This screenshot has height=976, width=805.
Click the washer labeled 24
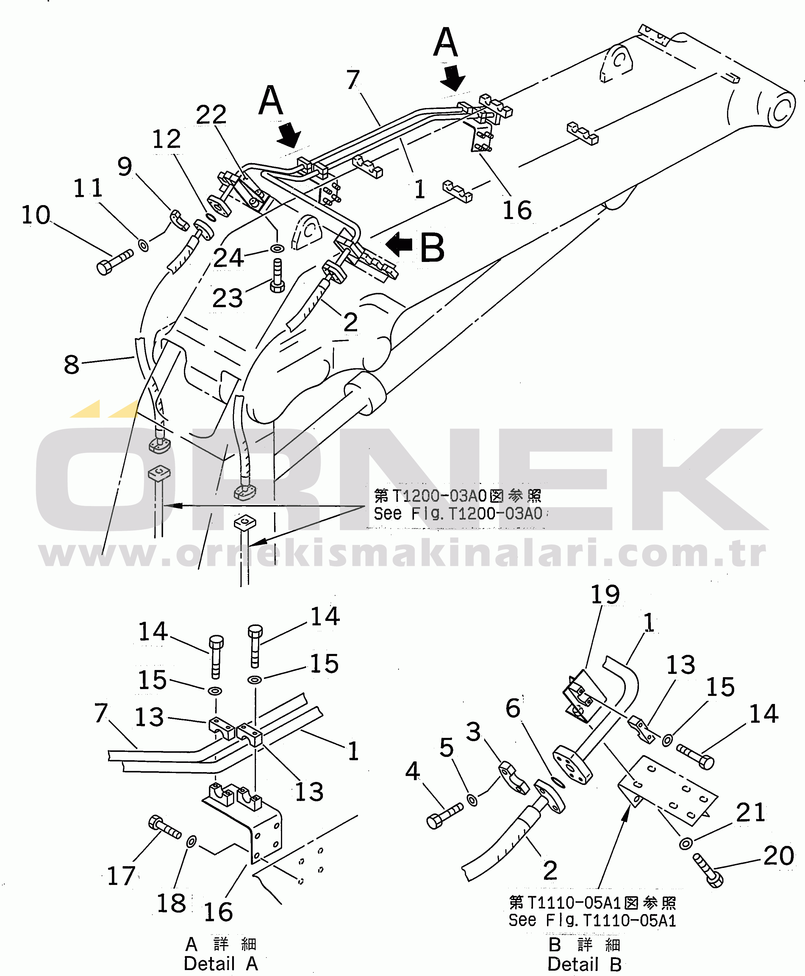(x=277, y=249)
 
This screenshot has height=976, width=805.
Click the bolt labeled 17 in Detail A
(x=164, y=827)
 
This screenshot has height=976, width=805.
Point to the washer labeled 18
(x=191, y=841)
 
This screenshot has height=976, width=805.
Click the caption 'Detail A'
(x=221, y=964)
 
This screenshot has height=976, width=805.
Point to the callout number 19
(x=605, y=595)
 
